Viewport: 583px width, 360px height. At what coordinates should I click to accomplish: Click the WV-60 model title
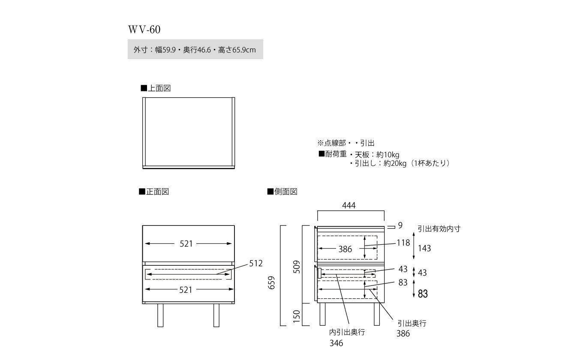pyautogui.click(x=144, y=30)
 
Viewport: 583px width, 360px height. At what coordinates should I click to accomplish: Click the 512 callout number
pyautogui.click(x=255, y=263)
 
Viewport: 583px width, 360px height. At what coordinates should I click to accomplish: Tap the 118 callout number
pyautogui.click(x=403, y=243)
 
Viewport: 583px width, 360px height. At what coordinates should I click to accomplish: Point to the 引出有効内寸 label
pyautogui.click(x=439, y=229)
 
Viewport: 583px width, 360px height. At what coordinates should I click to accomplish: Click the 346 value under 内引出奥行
pyautogui.click(x=337, y=343)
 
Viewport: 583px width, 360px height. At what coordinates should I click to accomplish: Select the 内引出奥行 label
pyautogui.click(x=347, y=332)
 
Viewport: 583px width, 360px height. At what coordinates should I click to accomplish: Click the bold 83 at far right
pyautogui.click(x=423, y=294)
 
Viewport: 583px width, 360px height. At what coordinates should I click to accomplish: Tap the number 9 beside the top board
pyautogui.click(x=400, y=225)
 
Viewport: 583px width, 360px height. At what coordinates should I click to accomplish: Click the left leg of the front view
pyautogui.click(x=160, y=315)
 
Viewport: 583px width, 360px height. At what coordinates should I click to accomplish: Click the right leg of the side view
pyautogui.click(x=377, y=315)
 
